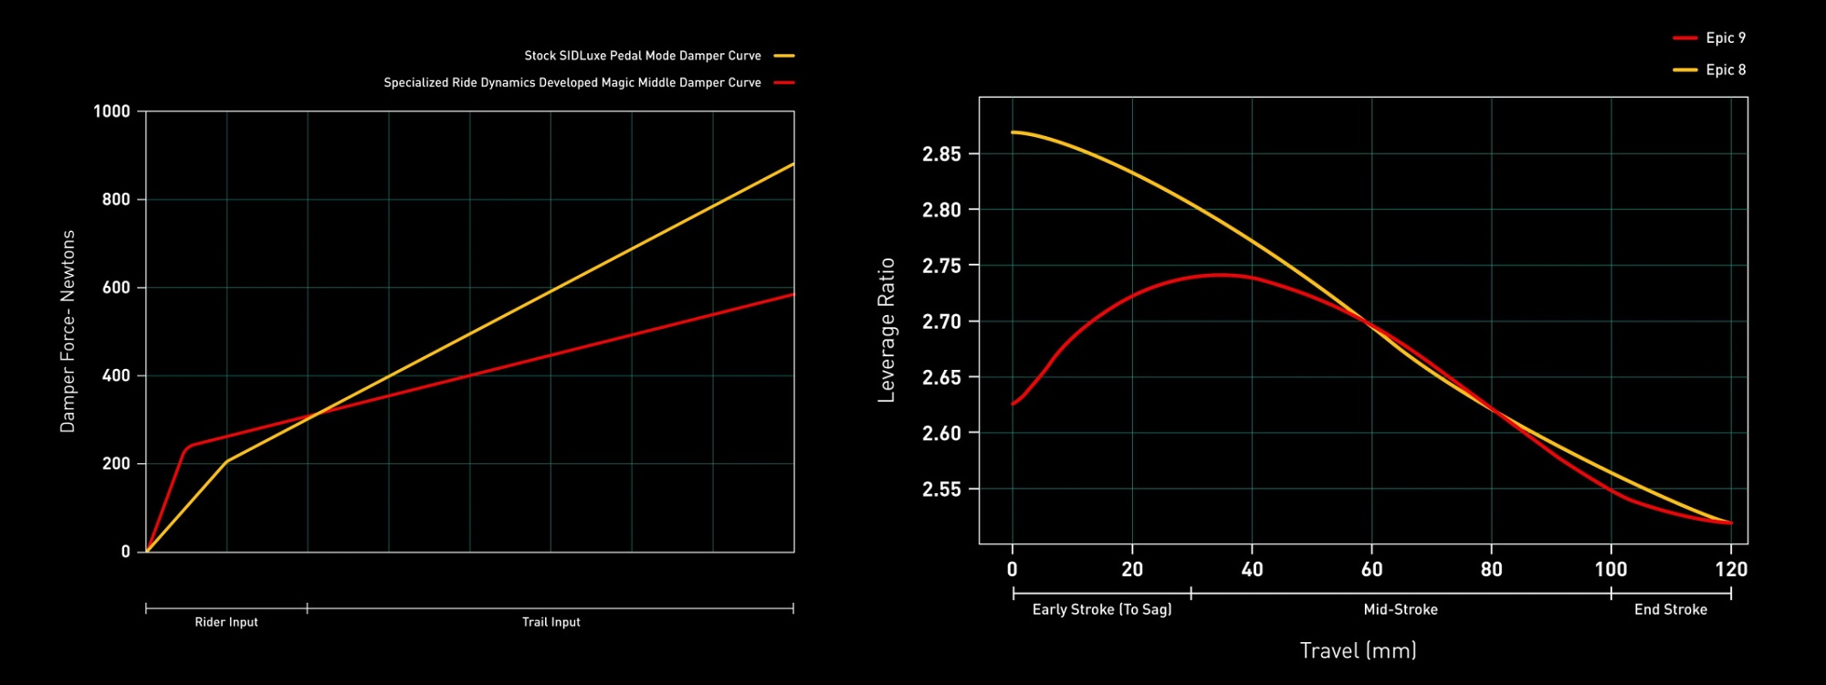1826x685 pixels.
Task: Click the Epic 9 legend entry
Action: [1725, 37]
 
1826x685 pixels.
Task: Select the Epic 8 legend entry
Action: [1725, 69]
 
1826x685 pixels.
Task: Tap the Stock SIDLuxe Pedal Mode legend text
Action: [642, 56]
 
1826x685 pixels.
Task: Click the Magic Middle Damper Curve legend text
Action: [572, 82]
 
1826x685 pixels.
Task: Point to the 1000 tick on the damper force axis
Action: [111, 111]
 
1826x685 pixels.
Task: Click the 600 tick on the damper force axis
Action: [116, 288]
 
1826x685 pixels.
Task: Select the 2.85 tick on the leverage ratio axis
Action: [941, 153]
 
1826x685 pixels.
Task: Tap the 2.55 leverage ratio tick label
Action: [941, 490]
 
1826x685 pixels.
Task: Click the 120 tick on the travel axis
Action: [1730, 569]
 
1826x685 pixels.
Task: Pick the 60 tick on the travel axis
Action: [1371, 569]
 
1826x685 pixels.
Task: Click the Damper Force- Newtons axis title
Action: [68, 332]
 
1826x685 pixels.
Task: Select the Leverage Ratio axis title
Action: [886, 330]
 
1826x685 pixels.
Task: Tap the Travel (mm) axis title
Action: [1358, 650]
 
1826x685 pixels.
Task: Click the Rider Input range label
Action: [226, 622]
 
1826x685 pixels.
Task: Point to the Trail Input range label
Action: [551, 622]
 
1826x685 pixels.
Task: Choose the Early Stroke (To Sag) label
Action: [1101, 609]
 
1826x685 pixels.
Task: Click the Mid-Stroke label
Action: [1401, 609]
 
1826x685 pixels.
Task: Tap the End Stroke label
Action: [1670, 609]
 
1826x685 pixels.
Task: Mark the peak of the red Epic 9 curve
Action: [1220, 274]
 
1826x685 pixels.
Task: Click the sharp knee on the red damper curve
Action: [187, 447]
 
